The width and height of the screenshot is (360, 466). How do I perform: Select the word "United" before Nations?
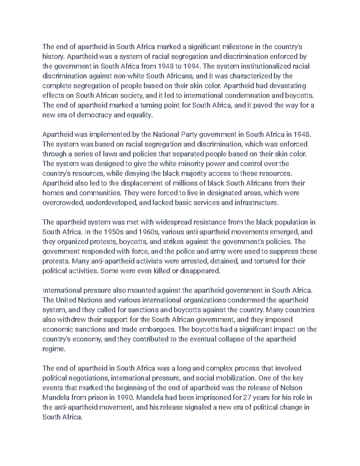tap(65, 300)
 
